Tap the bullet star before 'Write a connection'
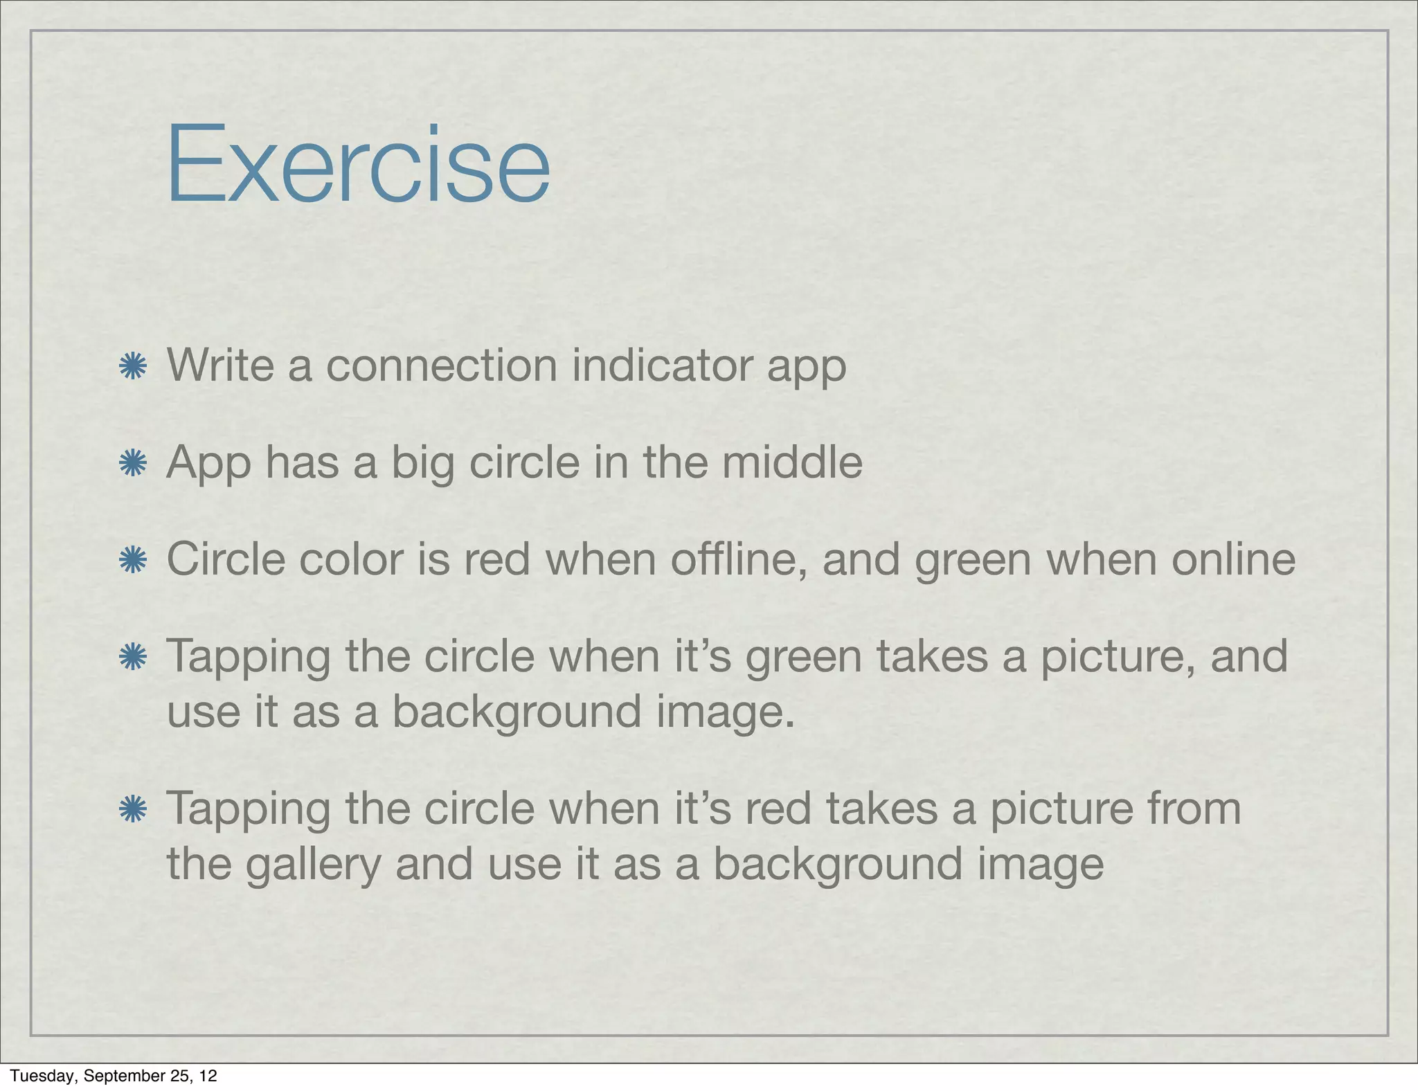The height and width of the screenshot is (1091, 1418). pos(132,366)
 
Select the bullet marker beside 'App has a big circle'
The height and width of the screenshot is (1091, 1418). pos(132,463)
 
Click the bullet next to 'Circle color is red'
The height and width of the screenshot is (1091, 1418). pos(132,560)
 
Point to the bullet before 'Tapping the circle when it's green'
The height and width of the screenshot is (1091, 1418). pos(132,657)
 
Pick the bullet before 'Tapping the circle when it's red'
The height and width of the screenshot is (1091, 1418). pos(132,809)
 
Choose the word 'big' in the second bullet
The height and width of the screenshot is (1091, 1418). pos(422,465)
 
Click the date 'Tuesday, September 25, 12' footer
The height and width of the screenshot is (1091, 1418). pos(114,1076)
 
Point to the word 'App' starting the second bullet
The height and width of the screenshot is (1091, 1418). pos(208,465)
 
